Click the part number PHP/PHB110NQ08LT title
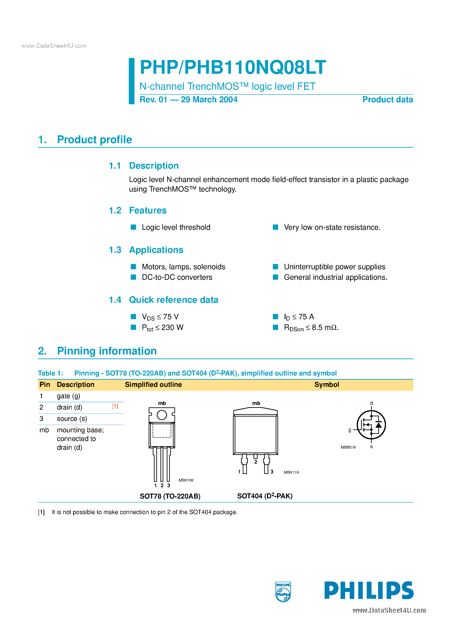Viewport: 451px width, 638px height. (x=233, y=67)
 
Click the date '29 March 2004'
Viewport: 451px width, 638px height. (x=209, y=99)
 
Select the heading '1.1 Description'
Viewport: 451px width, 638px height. (x=144, y=166)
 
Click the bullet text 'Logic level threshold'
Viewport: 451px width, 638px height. (x=176, y=227)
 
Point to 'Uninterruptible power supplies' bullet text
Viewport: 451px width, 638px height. (x=334, y=267)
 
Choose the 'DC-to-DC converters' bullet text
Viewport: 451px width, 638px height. (x=177, y=277)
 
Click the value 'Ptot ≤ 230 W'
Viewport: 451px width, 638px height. (x=162, y=328)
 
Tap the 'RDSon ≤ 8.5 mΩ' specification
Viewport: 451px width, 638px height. (x=311, y=328)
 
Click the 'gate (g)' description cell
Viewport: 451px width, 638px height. (x=68, y=396)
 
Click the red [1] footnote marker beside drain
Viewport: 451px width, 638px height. (x=115, y=406)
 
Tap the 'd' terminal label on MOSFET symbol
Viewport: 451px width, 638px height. (x=371, y=403)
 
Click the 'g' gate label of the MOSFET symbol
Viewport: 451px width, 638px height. (x=349, y=430)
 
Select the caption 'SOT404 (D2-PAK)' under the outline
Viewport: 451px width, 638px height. (x=265, y=496)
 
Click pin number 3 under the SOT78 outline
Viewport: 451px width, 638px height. (x=169, y=485)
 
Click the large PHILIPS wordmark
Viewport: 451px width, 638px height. (x=369, y=590)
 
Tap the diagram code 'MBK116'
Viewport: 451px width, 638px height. (x=291, y=472)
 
